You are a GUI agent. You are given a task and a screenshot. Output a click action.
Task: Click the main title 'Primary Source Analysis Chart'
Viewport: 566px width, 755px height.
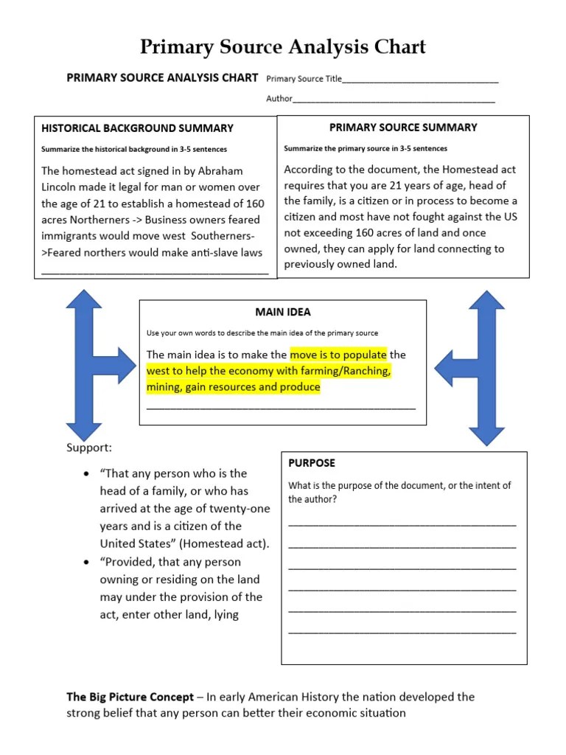[283, 47]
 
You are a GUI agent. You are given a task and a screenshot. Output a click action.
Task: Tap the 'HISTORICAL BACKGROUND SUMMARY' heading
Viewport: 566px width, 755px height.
[137, 128]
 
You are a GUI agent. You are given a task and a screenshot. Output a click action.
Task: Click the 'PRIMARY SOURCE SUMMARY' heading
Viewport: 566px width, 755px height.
[402, 127]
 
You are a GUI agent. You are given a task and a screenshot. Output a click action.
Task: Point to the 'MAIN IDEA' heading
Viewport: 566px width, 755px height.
[282, 312]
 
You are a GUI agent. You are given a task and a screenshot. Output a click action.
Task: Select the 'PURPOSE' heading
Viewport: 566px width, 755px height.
[311, 463]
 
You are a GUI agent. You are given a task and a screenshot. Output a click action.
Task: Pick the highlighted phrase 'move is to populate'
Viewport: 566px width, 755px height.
[338, 355]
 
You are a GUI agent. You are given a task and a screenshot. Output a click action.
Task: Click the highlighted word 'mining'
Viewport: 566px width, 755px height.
[165, 387]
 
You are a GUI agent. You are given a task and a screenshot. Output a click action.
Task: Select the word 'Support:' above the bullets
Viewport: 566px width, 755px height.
[89, 448]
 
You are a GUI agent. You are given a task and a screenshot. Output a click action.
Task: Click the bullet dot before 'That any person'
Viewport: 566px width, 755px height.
[87, 473]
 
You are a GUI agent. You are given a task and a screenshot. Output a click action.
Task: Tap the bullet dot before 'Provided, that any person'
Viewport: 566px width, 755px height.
[87, 562]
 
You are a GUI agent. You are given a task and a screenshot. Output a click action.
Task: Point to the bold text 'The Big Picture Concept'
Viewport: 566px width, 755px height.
[130, 697]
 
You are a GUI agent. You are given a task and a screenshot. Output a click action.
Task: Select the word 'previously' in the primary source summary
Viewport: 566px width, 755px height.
[310, 265]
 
